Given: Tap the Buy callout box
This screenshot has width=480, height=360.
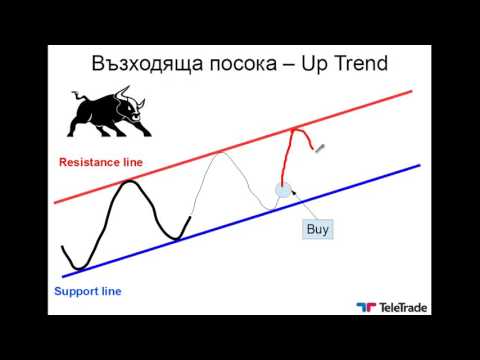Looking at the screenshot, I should point(316,229).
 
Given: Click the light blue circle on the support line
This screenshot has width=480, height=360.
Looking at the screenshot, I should point(284,188).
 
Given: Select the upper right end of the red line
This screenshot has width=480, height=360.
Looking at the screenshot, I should point(412,91).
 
